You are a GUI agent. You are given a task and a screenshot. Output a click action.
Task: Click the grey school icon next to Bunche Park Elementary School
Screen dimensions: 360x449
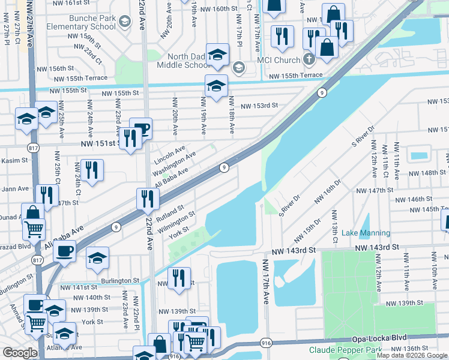point(125,23)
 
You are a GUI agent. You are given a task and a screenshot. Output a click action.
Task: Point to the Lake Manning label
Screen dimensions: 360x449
point(366,233)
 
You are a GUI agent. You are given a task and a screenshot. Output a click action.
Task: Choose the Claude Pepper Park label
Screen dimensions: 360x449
point(345,350)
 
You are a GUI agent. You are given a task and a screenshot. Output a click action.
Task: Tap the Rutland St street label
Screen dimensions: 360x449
point(170,213)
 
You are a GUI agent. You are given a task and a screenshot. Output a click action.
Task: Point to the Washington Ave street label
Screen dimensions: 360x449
point(174,162)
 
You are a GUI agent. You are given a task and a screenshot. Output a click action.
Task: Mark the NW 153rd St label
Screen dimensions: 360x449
point(259,106)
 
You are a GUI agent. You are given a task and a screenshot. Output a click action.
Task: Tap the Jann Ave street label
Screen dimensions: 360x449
point(16,188)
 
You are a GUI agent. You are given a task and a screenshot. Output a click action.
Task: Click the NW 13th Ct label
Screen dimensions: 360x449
point(335,223)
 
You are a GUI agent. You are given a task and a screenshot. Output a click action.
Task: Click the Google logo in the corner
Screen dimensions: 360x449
point(20,352)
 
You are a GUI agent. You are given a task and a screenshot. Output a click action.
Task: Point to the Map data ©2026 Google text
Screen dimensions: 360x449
point(411,355)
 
